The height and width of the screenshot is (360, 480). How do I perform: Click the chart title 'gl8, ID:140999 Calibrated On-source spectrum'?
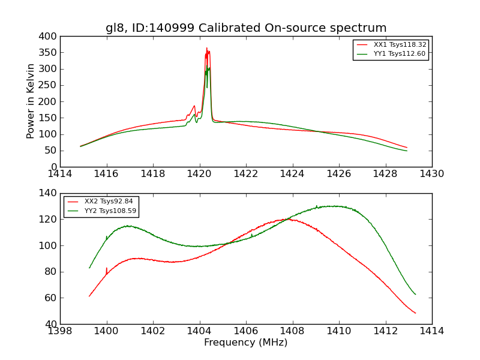pos(246,28)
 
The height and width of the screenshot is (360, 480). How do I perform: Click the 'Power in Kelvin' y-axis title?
pos(31,101)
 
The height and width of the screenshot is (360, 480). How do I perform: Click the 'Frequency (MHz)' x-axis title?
pos(246,343)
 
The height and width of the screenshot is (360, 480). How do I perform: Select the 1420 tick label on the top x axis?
pos(199,173)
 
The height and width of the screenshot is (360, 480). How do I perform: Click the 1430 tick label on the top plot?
pos(432,173)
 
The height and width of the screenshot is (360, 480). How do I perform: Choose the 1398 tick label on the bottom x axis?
pos(60,331)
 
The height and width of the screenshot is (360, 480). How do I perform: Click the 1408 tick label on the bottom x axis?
pos(293,331)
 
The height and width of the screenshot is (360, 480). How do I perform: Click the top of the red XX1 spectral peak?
pos(206,48)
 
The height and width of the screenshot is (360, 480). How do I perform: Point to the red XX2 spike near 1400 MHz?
pos(107,268)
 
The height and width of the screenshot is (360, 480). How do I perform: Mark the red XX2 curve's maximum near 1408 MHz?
pos(287,219)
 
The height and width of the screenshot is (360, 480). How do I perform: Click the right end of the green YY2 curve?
pos(415,294)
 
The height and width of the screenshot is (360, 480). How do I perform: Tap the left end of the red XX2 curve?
pos(89,296)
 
